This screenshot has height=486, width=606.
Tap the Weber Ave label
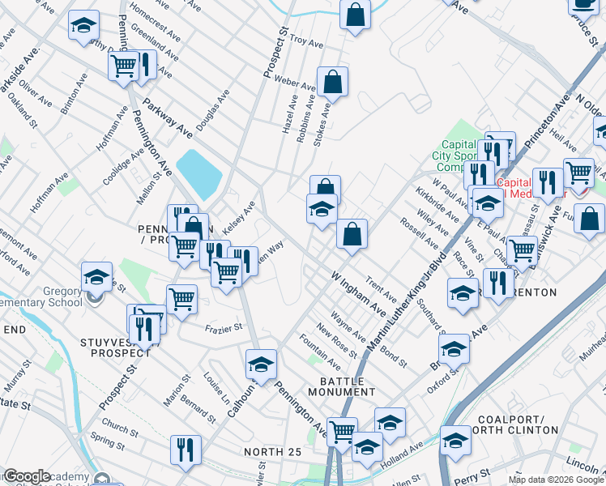point(299,83)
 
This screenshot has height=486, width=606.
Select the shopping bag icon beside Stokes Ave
point(332,81)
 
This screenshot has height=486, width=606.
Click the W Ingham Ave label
point(357,293)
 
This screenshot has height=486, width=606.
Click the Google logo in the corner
point(26,476)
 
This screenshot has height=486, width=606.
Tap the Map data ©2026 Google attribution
point(555,480)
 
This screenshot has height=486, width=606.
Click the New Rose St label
point(337,339)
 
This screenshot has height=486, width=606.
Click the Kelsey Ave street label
point(239,220)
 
